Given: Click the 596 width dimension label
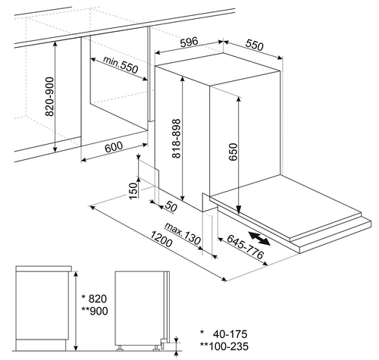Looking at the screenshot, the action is click(189, 42).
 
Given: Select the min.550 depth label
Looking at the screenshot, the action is click(121, 64).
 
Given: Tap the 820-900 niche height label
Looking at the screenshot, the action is click(49, 97).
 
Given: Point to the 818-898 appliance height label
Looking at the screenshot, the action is click(177, 139).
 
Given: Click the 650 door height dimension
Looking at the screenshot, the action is click(233, 152).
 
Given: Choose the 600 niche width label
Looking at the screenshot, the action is click(114, 147).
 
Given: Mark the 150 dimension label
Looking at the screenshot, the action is click(133, 191).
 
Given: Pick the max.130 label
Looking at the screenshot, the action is click(183, 233).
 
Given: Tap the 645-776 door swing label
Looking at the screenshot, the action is click(245, 246).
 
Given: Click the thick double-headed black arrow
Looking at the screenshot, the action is click(259, 238).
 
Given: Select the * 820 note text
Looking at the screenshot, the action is click(94, 299).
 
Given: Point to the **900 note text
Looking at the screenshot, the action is click(95, 311).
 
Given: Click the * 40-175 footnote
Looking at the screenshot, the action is click(224, 334).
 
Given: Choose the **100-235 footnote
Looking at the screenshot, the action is click(224, 346).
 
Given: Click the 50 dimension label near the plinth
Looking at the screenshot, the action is click(171, 207).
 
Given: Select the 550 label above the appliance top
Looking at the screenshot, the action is click(255, 45).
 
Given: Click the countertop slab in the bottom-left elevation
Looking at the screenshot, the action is click(44, 268).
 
